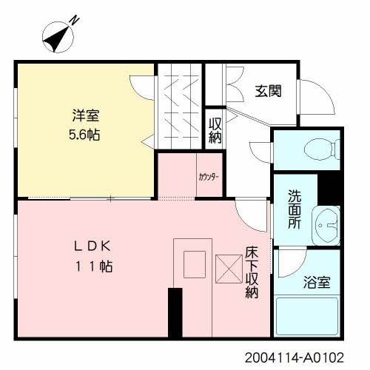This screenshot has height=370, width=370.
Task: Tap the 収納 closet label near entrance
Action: pos(215,129)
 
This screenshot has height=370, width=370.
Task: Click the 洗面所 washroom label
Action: pos(294,210)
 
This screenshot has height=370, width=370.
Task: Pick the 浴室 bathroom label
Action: pos(317,282)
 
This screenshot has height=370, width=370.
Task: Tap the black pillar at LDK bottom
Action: pos(175,312)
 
